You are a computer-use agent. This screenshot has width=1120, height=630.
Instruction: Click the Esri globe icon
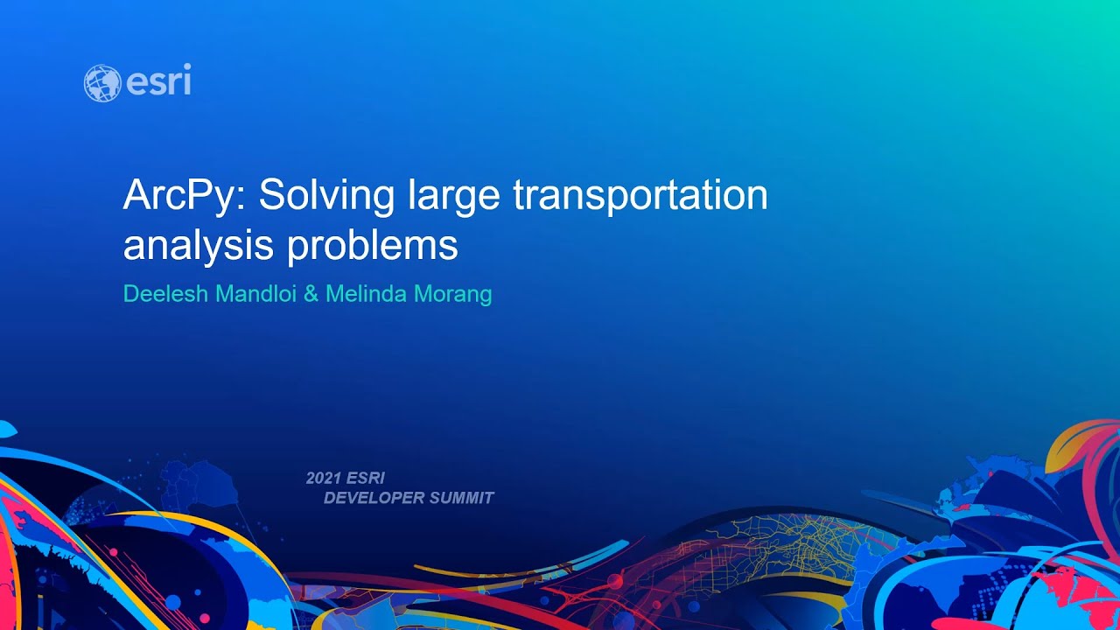coord(101,83)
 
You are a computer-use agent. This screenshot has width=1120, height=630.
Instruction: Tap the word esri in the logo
coord(158,82)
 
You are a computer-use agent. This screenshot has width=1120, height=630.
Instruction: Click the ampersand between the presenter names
coord(311,294)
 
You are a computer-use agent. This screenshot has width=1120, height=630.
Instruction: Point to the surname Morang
coord(451,294)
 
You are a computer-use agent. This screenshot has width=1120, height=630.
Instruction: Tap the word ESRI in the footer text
coord(366,479)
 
